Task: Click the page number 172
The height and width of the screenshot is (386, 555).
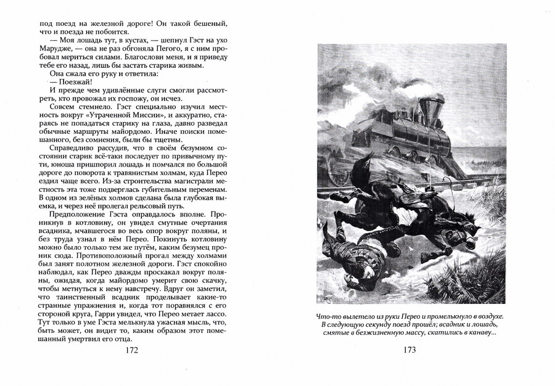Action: click(131, 350)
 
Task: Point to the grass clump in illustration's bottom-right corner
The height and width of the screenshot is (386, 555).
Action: click(487, 290)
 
